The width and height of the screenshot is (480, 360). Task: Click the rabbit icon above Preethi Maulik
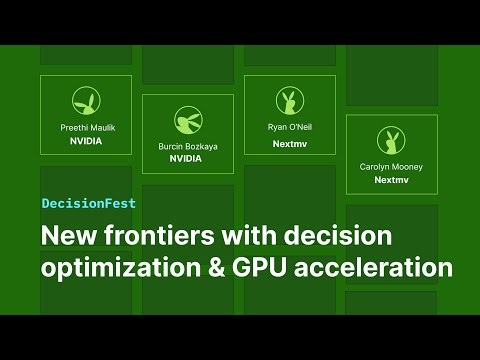pyautogui.click(x=86, y=100)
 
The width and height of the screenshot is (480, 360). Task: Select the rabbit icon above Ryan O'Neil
pyautogui.click(x=289, y=100)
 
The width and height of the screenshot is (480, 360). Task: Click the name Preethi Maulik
pyautogui.click(x=86, y=128)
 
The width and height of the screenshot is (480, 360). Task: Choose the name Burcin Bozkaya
pyautogui.click(x=187, y=146)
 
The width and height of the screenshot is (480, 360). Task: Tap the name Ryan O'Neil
pyautogui.click(x=289, y=128)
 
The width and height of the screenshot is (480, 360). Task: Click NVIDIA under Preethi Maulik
pyautogui.click(x=86, y=141)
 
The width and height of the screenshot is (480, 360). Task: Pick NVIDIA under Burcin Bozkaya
pyautogui.click(x=187, y=159)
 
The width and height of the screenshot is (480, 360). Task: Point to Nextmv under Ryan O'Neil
pyautogui.click(x=289, y=143)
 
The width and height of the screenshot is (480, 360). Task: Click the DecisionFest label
pyautogui.click(x=89, y=202)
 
